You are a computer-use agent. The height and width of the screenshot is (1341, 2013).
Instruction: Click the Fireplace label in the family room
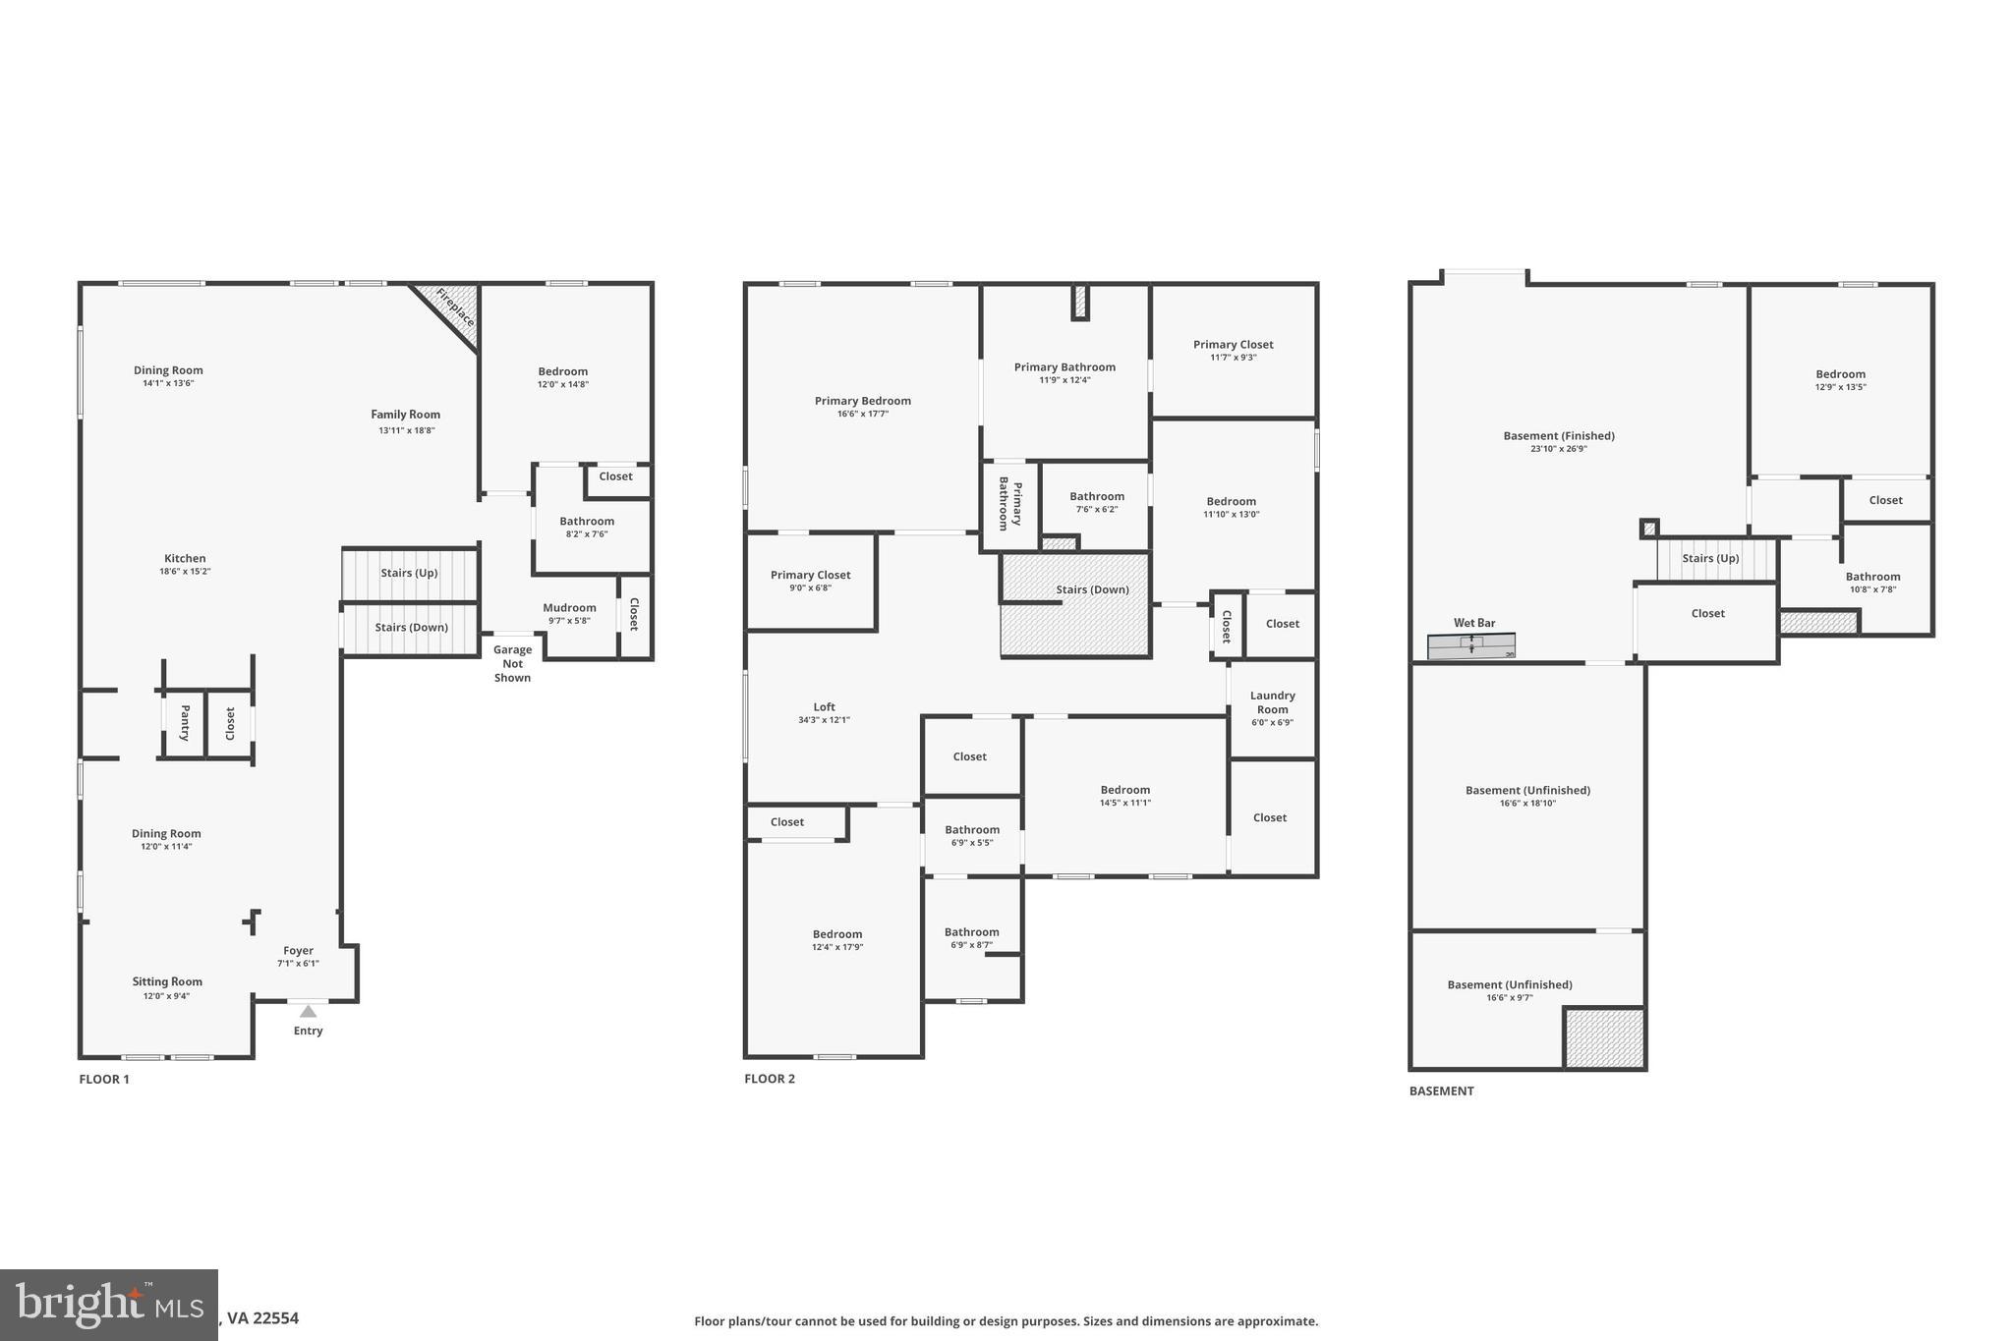[455, 307]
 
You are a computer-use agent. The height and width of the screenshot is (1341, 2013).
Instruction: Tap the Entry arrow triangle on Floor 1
[308, 1011]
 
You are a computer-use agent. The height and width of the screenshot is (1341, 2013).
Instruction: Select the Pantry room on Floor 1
[184, 723]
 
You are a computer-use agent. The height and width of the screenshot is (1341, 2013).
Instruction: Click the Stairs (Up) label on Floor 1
[409, 573]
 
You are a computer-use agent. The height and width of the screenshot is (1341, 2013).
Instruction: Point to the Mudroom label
[569, 607]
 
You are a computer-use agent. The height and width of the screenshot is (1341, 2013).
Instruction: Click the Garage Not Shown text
[512, 663]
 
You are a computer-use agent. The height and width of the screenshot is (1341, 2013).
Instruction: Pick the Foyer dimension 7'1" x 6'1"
[298, 964]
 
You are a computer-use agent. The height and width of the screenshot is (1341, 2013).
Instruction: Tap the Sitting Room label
[167, 981]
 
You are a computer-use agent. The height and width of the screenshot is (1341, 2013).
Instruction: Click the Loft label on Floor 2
[824, 706]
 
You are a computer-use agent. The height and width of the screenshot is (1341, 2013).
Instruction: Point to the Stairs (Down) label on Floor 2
[1092, 589]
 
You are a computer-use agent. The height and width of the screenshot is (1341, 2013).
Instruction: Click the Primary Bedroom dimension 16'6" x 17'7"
[862, 414]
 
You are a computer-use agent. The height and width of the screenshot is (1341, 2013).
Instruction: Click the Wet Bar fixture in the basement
[1470, 645]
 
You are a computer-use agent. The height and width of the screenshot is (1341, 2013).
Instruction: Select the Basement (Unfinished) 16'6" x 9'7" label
[1509, 984]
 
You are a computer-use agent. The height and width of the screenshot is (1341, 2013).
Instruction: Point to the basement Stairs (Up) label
[1710, 558]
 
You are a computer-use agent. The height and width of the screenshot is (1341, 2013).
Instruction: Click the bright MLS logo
[108, 1306]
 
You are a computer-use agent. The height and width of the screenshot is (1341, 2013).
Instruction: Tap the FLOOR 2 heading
[769, 1079]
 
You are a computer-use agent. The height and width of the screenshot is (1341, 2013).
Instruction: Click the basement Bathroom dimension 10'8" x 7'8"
[1872, 589]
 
